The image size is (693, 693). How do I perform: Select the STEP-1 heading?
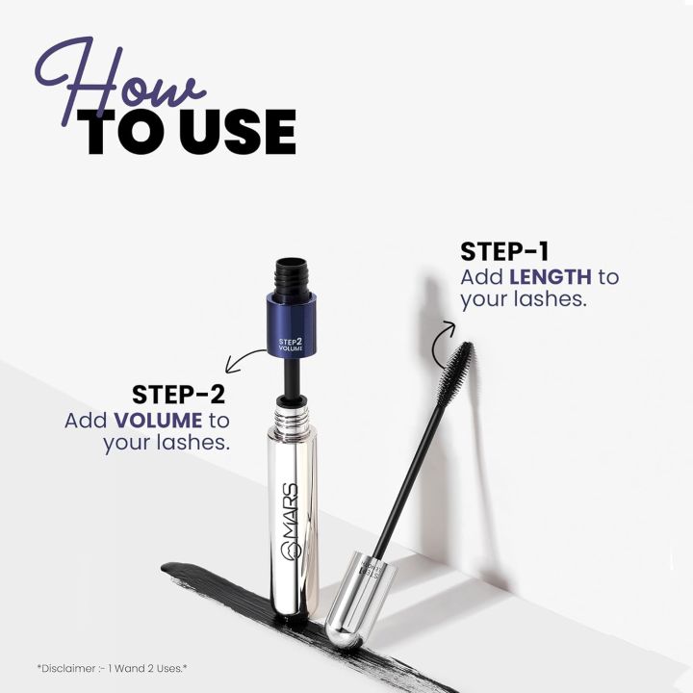coord(504,252)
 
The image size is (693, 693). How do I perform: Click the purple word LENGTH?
coord(551,277)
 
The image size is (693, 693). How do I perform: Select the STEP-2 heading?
coord(182,395)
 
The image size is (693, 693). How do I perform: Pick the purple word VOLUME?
coord(159,421)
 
